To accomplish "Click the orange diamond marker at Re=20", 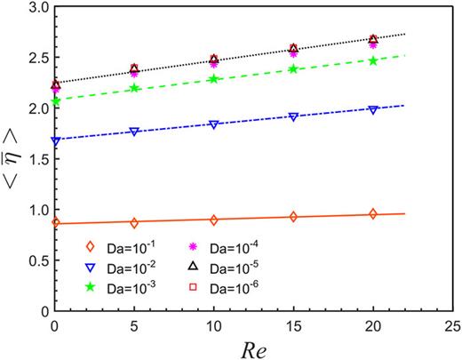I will pos(373,214).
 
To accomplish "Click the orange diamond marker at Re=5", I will pos(134,222).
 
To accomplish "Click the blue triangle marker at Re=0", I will pos(56,140).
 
